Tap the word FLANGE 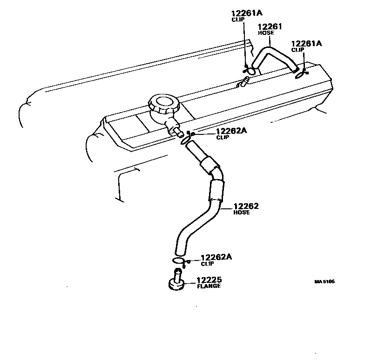(x=208, y=286)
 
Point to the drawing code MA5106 (x=324, y=281)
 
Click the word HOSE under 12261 (x=266, y=33)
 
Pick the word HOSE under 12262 (x=241, y=212)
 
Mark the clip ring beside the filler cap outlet (x=185, y=138)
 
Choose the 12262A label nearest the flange (x=216, y=257)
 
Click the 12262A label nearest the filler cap (x=231, y=131)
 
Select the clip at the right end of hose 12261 (x=300, y=72)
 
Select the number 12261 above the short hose (x=270, y=27)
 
